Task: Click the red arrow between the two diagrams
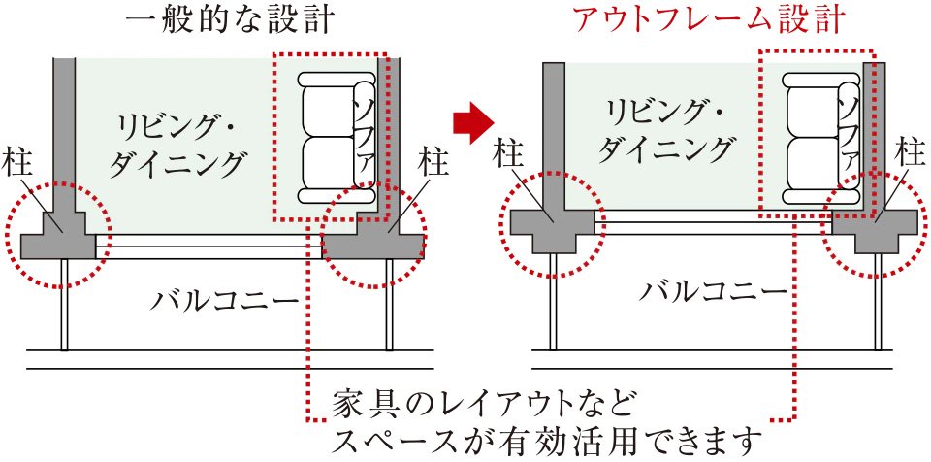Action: click(474, 122)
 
